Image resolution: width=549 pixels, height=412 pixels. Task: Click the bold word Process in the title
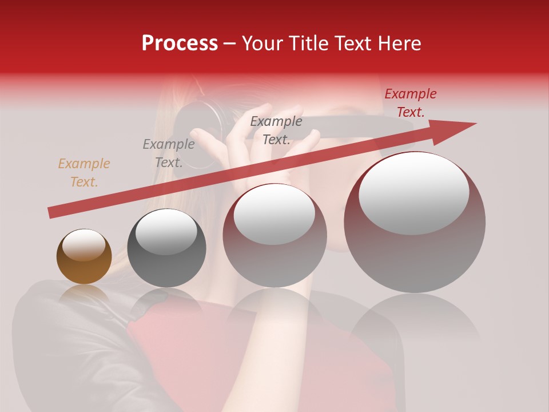coord(180,43)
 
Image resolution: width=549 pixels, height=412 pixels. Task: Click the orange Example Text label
coord(84,173)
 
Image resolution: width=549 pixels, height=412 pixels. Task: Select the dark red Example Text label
coord(411,103)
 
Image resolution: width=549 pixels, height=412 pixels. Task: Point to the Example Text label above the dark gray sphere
coord(169,153)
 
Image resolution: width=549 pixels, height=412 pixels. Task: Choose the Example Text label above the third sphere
coord(276,130)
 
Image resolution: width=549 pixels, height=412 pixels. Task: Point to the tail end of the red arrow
coord(51,213)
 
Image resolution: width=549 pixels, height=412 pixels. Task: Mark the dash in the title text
coord(229,43)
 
